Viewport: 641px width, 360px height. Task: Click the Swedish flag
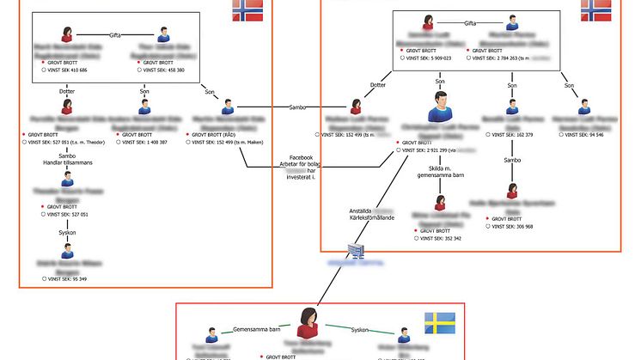[439, 323]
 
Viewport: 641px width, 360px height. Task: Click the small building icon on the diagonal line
[357, 249]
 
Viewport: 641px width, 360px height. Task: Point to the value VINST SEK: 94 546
[579, 134]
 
